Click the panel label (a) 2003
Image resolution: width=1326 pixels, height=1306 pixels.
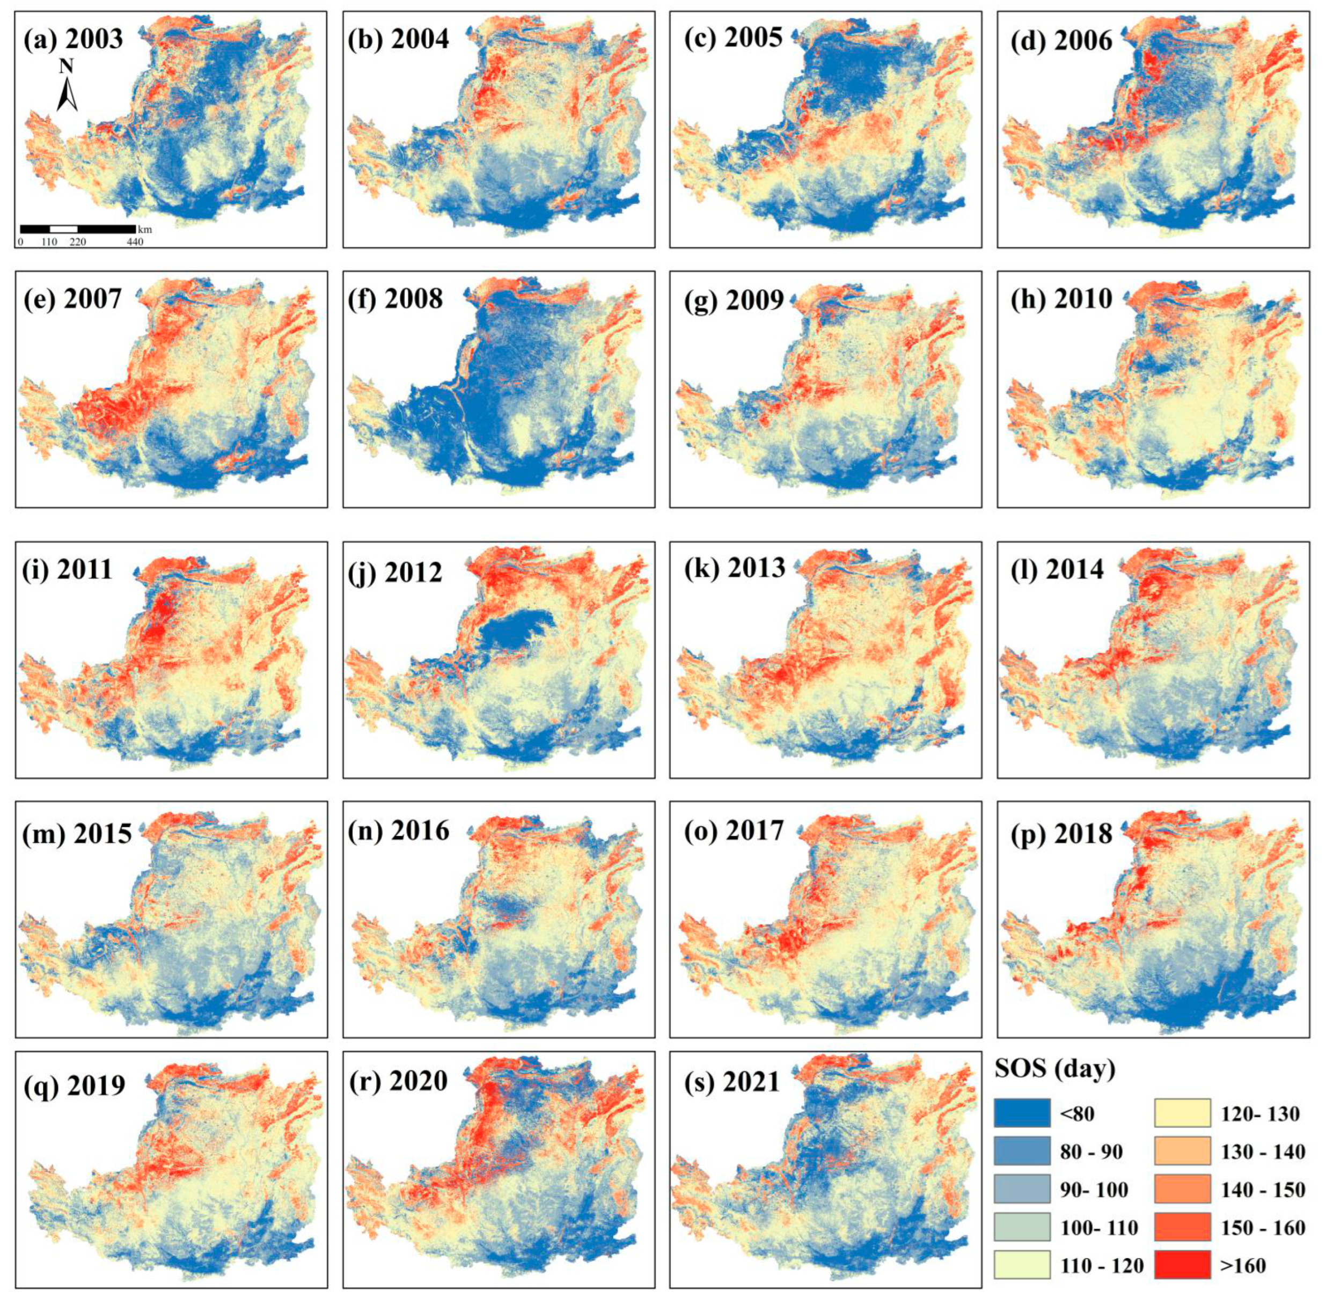point(74,39)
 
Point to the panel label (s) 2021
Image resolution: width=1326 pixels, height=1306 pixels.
point(732,1082)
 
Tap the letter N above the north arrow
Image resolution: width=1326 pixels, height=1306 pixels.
point(67,67)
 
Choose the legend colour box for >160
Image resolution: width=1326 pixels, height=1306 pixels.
point(1183,1265)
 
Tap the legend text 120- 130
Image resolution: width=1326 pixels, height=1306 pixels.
point(1259,1113)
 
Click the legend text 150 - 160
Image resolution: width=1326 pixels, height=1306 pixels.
point(1262,1227)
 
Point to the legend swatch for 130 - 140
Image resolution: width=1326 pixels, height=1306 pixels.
point(1183,1151)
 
